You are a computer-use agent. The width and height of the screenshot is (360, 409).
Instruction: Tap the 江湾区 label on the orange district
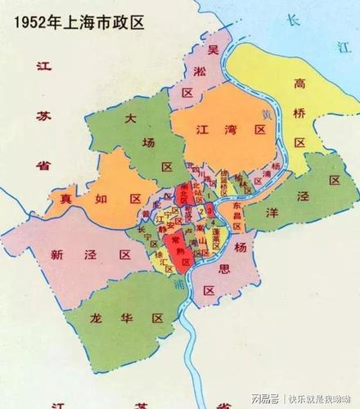point(223,129)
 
